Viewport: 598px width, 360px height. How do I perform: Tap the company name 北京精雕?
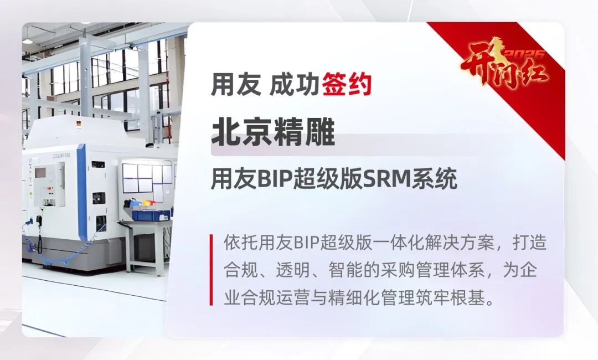(x=273, y=132)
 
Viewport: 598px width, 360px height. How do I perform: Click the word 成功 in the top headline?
(x=294, y=84)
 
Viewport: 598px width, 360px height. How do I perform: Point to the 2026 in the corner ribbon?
(x=524, y=54)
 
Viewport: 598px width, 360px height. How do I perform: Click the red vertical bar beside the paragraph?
(x=211, y=270)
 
